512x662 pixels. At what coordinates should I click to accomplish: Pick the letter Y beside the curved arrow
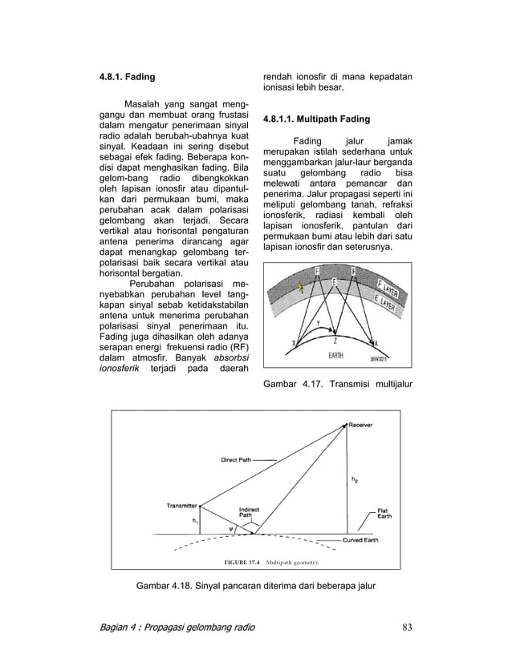coord(320,323)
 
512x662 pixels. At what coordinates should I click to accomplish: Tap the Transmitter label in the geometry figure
coord(182,504)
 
